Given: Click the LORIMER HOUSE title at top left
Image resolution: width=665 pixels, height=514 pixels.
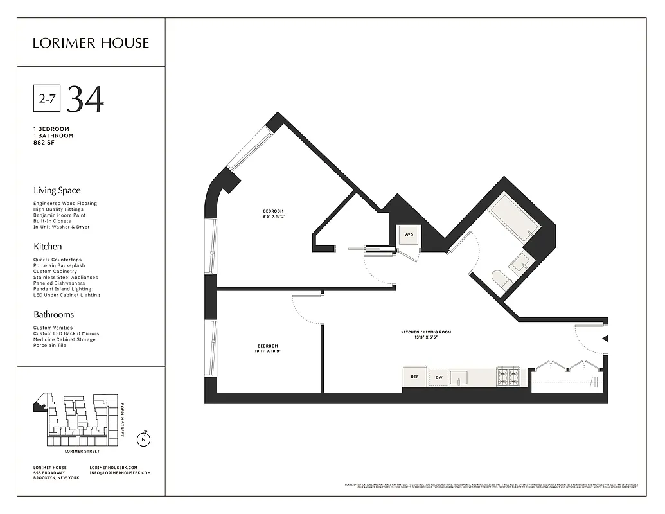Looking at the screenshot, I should point(91,43).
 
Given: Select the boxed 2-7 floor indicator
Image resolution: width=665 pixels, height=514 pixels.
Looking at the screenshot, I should point(47,99).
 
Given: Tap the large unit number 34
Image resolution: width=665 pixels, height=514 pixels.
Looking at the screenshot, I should point(85,99).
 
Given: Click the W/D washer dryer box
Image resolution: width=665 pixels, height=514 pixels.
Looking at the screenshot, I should point(408,236).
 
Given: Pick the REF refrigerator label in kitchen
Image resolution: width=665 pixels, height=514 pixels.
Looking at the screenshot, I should point(414,378).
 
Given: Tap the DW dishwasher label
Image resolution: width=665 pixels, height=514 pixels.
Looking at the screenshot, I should point(439,378).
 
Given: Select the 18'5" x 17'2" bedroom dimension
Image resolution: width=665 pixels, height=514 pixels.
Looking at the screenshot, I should point(273,217).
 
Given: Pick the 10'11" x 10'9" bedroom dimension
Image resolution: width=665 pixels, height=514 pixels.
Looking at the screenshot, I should point(269,351).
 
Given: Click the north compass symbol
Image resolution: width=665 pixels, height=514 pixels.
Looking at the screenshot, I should point(145,439).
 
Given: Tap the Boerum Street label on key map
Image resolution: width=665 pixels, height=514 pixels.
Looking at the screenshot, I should point(122,420).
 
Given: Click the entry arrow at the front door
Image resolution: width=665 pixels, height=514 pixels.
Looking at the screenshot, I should point(605,339).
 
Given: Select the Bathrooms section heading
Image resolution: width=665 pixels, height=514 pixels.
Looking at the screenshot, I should point(53,315).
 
